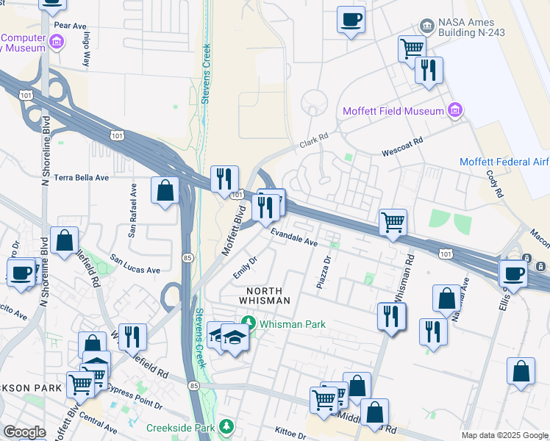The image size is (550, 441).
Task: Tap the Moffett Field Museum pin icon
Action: [455, 111]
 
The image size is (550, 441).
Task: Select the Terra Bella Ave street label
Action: [82, 178]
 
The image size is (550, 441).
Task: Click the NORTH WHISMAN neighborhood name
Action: [265, 295]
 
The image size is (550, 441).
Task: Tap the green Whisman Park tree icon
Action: [249, 323]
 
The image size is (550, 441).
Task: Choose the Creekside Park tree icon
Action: [227, 427]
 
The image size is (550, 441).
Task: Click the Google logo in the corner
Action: [24, 432]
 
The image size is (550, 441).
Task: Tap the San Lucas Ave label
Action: [135, 265]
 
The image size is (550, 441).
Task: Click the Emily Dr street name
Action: [245, 268]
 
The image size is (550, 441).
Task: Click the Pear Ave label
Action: [71, 26]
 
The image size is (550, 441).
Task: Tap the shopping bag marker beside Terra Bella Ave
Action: [165, 190]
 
